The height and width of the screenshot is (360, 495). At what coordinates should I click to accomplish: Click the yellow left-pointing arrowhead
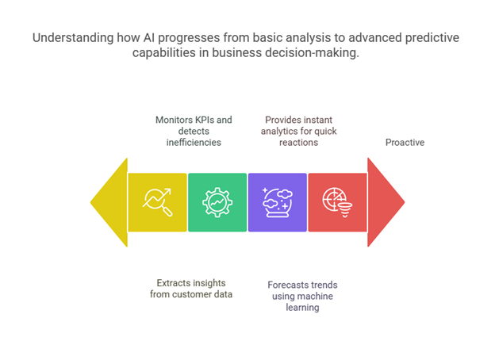[112, 202]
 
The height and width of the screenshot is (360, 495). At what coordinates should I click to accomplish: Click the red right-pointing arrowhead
[383, 202]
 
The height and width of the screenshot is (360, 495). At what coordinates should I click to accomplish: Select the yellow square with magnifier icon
[158, 202]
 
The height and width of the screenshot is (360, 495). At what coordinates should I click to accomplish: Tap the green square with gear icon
[217, 202]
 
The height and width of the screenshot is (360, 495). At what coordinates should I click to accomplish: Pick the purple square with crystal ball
[278, 202]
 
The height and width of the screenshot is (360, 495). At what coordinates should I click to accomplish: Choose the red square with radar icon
[337, 202]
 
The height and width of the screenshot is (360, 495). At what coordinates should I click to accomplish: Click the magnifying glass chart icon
[158, 202]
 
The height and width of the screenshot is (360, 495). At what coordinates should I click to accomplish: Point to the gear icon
[217, 202]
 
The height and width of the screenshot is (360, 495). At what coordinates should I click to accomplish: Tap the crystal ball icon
[278, 202]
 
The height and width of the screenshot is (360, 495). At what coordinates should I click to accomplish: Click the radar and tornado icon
[336, 202]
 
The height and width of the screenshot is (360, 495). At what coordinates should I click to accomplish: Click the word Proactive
[405, 143]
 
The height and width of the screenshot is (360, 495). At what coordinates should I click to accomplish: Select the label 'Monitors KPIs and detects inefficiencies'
[194, 132]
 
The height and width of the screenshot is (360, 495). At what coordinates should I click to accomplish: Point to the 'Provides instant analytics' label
[298, 132]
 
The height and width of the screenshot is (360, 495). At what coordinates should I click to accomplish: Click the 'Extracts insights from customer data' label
[191, 289]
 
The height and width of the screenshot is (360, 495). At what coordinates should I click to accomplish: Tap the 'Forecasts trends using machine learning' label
[302, 297]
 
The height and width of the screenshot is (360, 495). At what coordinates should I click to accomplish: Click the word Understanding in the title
[73, 38]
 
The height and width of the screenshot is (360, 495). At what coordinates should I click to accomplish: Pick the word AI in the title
[148, 37]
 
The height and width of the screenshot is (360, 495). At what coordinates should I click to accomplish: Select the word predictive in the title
[432, 38]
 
